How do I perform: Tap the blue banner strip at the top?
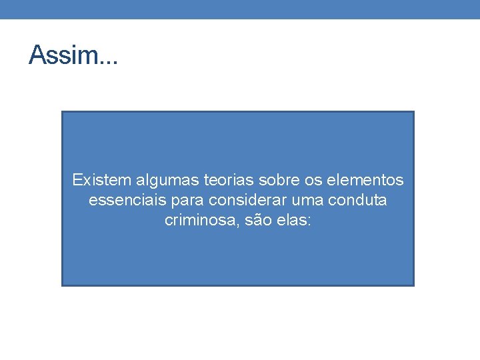pos(240,9)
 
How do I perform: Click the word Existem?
pos(102,180)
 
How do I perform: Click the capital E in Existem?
pos(77,180)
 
